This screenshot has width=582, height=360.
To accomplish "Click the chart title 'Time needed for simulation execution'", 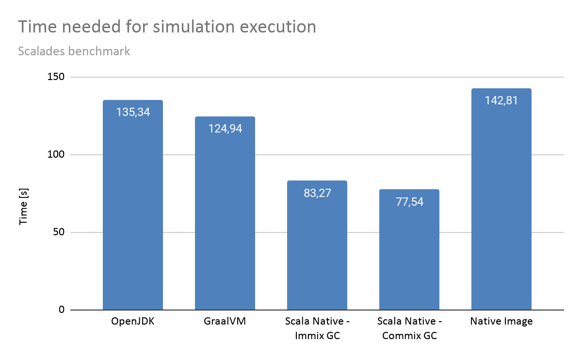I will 167,27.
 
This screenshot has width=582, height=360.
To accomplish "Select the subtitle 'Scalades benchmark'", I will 74,51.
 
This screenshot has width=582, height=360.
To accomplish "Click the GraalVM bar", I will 225,218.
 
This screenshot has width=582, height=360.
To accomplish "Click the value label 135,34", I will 133,112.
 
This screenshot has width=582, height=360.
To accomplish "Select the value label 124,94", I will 225,129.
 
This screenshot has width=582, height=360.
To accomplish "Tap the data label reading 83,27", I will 317,193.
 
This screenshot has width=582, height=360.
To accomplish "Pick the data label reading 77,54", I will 409,201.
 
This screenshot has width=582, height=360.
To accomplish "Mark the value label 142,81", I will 501,100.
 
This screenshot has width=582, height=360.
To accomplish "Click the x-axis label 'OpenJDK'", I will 133,322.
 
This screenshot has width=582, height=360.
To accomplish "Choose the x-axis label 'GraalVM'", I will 225,322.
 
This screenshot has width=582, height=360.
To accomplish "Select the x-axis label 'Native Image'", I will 501,322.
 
